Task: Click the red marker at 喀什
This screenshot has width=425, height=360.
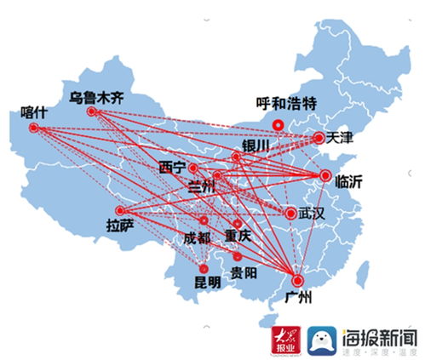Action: point(34,129)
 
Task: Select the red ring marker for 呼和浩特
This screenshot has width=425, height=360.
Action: point(278,124)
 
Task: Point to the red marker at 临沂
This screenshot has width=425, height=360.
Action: point(324,176)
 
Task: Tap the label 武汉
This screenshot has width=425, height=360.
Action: point(312,213)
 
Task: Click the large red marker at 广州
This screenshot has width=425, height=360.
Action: point(297,281)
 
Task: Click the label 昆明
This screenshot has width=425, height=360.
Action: point(207,280)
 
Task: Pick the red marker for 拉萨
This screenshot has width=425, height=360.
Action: point(120,210)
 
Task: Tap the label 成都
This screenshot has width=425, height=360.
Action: point(197,238)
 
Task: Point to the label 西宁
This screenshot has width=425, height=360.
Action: point(173,167)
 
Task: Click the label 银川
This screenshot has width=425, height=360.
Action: point(256,146)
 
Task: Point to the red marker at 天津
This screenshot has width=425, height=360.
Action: point(319,137)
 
